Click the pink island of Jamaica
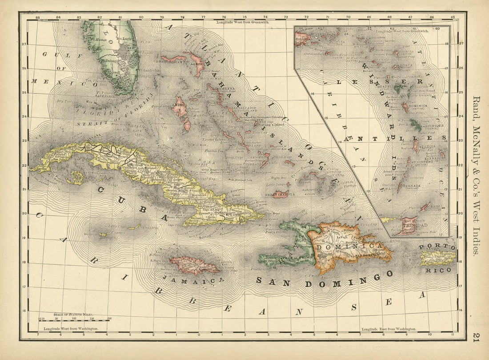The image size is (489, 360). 194,265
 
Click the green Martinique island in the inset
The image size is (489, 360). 416,125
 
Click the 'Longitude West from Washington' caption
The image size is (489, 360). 74,329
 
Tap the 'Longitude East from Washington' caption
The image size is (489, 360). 389,329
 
